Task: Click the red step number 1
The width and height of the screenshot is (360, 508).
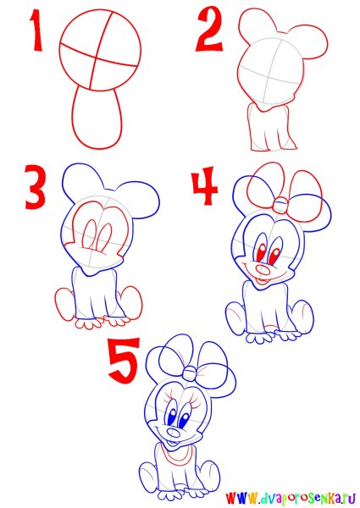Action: pyautogui.click(x=36, y=30)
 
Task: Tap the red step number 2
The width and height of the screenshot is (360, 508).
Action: pyautogui.click(x=209, y=30)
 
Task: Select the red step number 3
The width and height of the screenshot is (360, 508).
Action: pyautogui.click(x=35, y=187)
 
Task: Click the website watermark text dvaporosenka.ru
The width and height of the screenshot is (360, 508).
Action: pyautogui.click(x=292, y=497)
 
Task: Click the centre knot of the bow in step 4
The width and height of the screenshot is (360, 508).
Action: pyautogui.click(x=280, y=206)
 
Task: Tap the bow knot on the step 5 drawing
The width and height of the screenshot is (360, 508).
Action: pyautogui.click(x=190, y=373)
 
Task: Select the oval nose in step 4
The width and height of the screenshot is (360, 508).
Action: pyautogui.click(x=263, y=270)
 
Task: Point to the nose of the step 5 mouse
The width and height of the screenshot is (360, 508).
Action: pyautogui.click(x=174, y=433)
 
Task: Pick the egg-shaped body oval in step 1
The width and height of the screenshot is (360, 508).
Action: pyautogui.click(x=97, y=118)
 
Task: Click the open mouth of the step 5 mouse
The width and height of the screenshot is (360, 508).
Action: pyautogui.click(x=172, y=444)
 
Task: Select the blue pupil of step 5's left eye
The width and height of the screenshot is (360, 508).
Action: pyautogui.click(x=171, y=417)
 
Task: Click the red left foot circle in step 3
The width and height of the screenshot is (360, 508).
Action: pyautogui.click(x=65, y=304)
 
